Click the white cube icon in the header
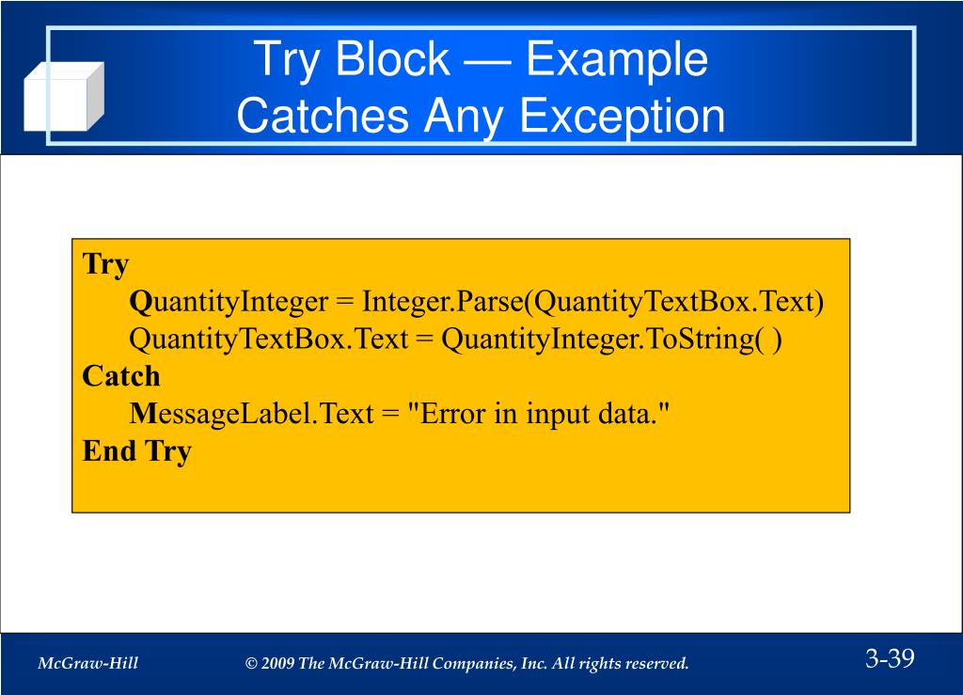62,97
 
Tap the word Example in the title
616,60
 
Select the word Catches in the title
323,117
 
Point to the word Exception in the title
622,117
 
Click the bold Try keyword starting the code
105,264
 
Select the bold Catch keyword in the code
121,376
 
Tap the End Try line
136,450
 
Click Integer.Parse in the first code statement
441,302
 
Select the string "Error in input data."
540,414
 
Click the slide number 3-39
890,658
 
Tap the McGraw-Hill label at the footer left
87,664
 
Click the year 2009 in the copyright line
278,664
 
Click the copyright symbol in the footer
251,664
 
